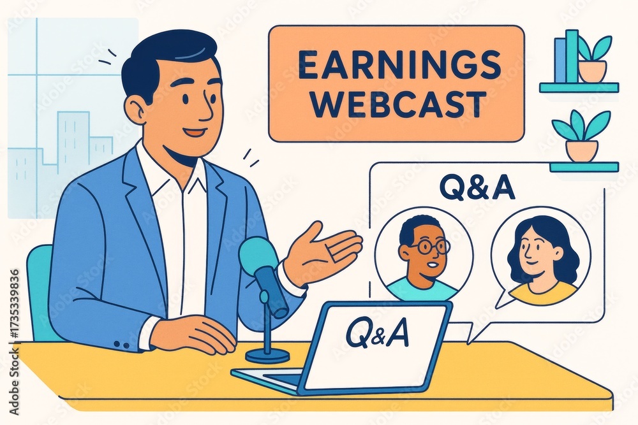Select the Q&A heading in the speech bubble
click(477, 189)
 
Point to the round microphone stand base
click(268, 355)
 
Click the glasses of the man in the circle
click(429, 245)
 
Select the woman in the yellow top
click(540, 259)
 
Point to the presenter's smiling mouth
click(193, 133)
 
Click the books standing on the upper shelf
click(567, 57)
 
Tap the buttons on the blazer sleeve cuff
click(121, 345)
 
